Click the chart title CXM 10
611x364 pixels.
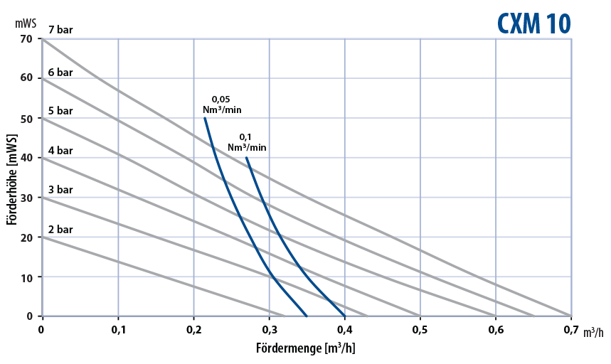coord(533,23)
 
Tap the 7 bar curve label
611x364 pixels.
coord(60,31)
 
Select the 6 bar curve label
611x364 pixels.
coord(60,72)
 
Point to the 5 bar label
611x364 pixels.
coord(60,111)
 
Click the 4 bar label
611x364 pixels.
coord(60,151)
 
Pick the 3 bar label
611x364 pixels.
coord(60,190)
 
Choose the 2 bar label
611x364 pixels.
coord(60,230)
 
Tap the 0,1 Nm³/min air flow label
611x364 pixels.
coord(247,142)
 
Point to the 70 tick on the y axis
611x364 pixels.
coord(26,38)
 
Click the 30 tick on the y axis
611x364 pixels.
coord(26,197)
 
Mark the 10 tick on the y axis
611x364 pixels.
coord(26,277)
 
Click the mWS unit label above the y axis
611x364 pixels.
coord(26,22)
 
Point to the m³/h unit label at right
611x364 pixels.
coord(593,332)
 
